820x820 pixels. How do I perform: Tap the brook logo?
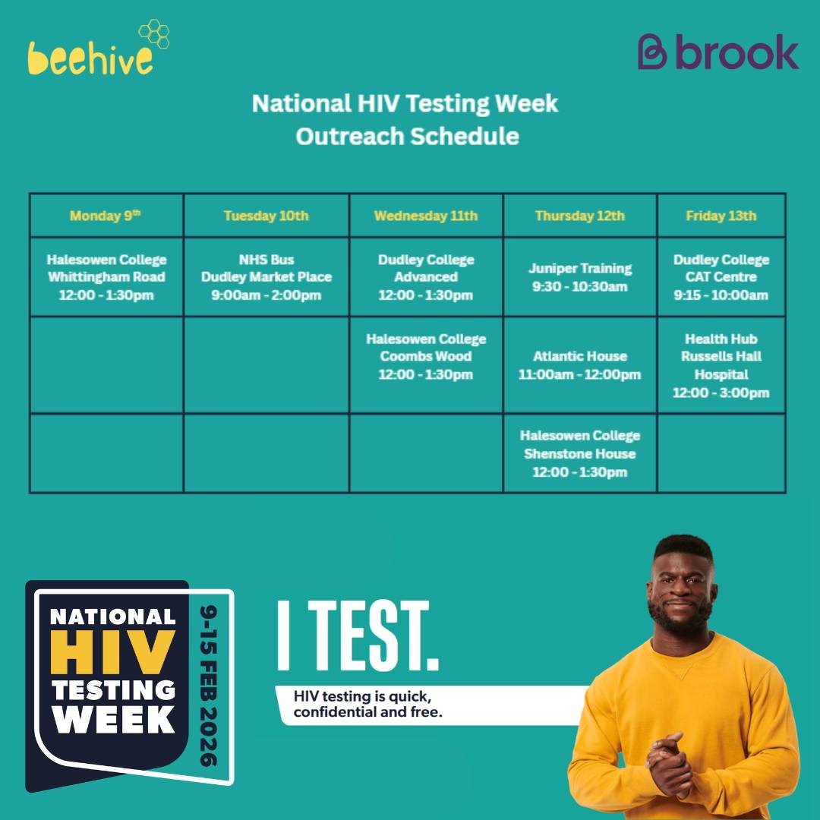tap(717, 52)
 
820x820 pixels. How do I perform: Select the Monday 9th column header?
tap(106, 216)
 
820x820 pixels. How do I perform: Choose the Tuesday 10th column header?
tap(266, 216)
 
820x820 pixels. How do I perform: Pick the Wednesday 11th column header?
tap(426, 216)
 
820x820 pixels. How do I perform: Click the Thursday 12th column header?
tap(579, 216)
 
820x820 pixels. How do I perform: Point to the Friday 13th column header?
tap(721, 216)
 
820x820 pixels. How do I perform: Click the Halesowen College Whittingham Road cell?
tap(106, 277)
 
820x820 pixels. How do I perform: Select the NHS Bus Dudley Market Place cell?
tap(266, 277)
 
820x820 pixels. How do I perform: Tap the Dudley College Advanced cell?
tap(426, 277)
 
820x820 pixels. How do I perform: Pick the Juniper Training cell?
tap(579, 277)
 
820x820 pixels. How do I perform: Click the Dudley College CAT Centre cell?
tap(721, 277)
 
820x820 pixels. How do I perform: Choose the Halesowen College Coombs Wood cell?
tap(426, 357)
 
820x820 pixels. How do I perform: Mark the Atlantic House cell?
tap(579, 365)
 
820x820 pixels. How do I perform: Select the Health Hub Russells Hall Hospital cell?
tap(721, 366)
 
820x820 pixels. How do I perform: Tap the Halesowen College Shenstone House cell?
tap(579, 454)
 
